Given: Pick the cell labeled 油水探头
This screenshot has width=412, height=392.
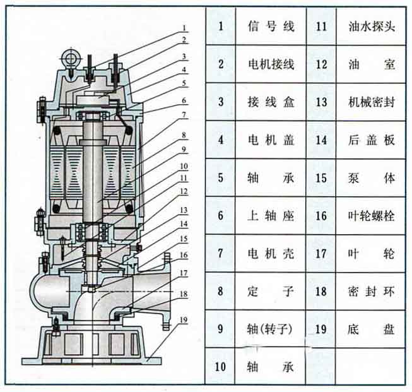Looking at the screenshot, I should [372, 27].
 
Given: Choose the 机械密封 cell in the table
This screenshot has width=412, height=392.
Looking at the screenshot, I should [372, 102].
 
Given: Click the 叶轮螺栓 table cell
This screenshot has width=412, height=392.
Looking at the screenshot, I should [372, 216].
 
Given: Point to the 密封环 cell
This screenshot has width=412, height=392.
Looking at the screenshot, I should [372, 291].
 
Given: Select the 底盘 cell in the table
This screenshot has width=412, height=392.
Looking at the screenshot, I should [372, 329].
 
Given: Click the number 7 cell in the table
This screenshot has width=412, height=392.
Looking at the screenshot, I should [221, 253].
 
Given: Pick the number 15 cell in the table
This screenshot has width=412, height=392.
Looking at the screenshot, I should [321, 178].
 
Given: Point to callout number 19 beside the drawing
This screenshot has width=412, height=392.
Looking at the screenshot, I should [184, 320].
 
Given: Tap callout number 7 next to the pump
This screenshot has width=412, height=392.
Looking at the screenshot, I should [184, 115].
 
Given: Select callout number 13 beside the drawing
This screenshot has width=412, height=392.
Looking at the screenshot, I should [184, 210].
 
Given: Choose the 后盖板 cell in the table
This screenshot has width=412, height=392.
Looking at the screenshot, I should [372, 140].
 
